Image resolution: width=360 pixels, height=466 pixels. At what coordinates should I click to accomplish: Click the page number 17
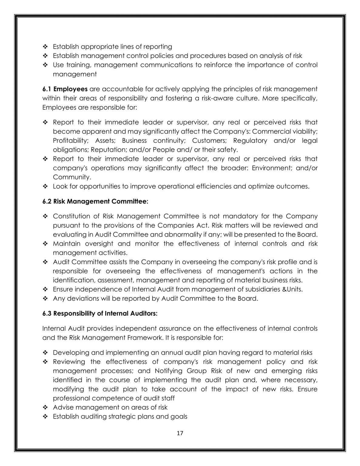(x=180, y=433)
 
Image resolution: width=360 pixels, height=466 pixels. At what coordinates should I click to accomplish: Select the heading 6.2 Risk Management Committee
(x=95, y=201)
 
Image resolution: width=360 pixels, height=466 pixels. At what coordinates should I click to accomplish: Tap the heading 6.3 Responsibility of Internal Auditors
(x=100, y=313)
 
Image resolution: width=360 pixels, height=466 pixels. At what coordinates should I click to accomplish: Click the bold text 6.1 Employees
(x=65, y=89)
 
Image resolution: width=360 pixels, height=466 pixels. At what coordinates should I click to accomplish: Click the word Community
(x=72, y=177)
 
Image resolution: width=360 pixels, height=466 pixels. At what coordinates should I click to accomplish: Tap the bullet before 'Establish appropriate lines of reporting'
(x=45, y=47)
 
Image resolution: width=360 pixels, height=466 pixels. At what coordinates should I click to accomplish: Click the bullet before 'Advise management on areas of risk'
(x=45, y=407)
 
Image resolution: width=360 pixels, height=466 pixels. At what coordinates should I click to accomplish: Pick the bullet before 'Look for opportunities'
(x=45, y=186)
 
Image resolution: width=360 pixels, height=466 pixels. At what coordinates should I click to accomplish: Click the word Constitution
(x=72, y=216)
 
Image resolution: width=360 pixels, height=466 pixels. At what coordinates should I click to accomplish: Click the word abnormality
(x=184, y=235)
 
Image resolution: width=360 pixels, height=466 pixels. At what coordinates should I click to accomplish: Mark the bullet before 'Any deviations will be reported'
(x=45, y=299)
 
